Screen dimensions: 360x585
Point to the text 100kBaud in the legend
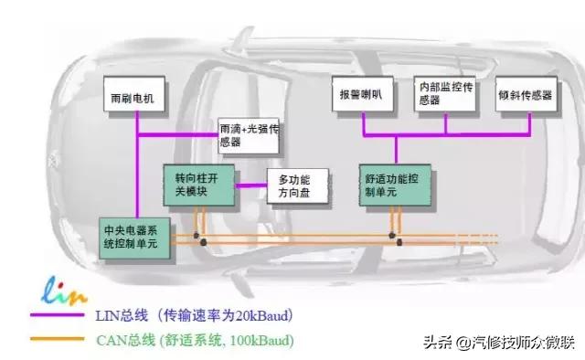(x=266, y=341)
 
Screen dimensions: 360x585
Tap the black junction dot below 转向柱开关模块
(x=202, y=242)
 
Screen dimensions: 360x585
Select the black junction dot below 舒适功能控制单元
(x=399, y=242)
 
